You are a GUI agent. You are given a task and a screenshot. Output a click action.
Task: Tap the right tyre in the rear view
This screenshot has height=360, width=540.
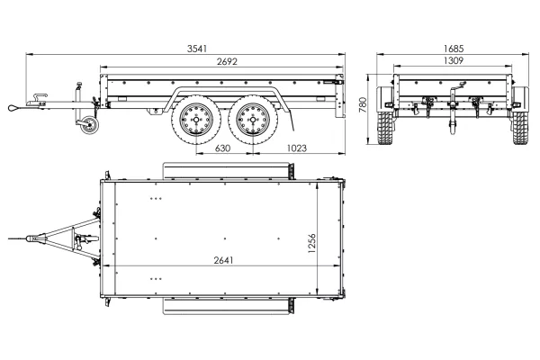[520, 127]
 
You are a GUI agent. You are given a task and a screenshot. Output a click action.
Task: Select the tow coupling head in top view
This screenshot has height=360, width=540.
[36, 238]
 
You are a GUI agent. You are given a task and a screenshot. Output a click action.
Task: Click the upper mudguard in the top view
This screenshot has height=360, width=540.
[226, 169]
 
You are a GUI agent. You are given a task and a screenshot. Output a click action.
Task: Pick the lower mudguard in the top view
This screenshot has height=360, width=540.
[226, 307]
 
